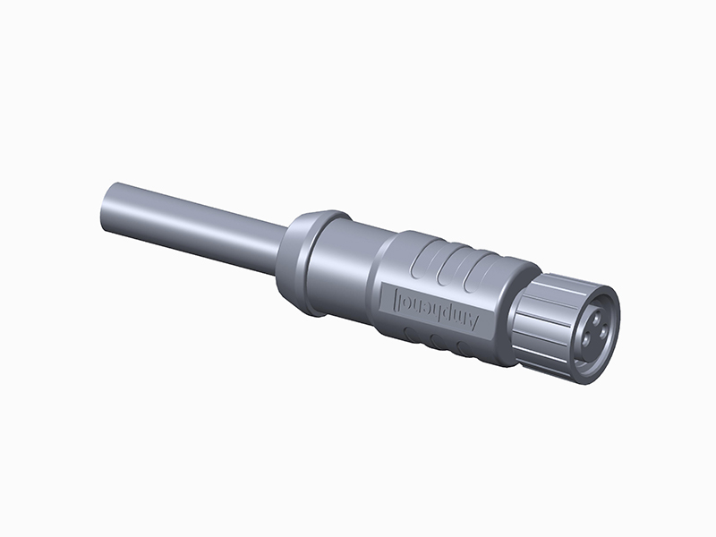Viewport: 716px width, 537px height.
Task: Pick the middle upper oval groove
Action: coord(452,266)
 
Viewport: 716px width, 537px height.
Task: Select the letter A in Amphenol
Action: coord(473,321)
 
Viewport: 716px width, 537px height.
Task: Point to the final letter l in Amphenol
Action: coord(395,297)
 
